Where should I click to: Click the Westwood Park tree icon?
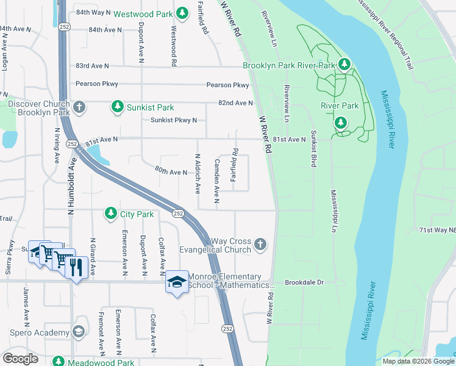click(182, 13)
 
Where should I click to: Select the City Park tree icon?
click(110, 213)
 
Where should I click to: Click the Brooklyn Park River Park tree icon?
click(344, 65)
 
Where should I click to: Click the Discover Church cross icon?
click(79, 108)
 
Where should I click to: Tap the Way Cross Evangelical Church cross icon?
click(260, 245)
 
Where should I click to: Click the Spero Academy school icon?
click(78, 332)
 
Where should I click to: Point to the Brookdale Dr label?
click(303, 283)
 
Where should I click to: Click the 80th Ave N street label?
click(171, 172)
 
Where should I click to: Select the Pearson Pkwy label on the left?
click(97, 84)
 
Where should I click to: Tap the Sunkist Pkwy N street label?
click(174, 120)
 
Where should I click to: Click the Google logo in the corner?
click(21, 358)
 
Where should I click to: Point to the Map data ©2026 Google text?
click(418, 361)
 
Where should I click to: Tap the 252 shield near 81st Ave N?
click(73, 144)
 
